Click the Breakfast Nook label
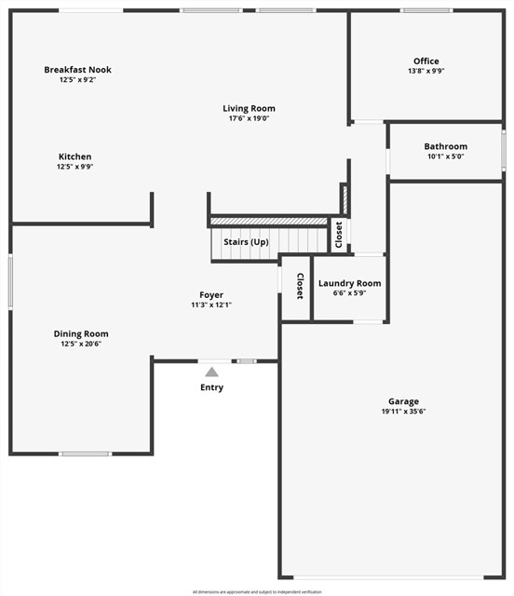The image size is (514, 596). pos(77,70)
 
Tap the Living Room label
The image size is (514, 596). pos(249,109)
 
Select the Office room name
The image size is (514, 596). pos(426,61)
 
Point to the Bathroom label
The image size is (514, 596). pos(445,146)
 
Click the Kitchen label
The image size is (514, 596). pos(75,156)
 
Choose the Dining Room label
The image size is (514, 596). pos(81,333)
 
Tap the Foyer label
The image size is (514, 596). pos(211,295)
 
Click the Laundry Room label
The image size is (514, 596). pos(349,283)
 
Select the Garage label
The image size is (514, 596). pos(403,401)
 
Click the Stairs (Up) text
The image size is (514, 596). pos(246,242)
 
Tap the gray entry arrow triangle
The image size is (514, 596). pos(211,372)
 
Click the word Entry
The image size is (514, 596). pos(211,387)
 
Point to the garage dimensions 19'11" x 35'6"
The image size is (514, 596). pos(403,412)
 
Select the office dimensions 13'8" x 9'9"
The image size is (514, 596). pos(426,72)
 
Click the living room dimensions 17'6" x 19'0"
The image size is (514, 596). pos(249,119)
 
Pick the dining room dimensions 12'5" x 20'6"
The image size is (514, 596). pos(81,344)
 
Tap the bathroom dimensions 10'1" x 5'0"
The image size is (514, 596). pos(445,156)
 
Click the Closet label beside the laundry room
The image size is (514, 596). pos(300,286)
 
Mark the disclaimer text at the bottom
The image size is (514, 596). pos(256,591)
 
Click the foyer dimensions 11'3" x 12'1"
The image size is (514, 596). pos(211,305)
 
